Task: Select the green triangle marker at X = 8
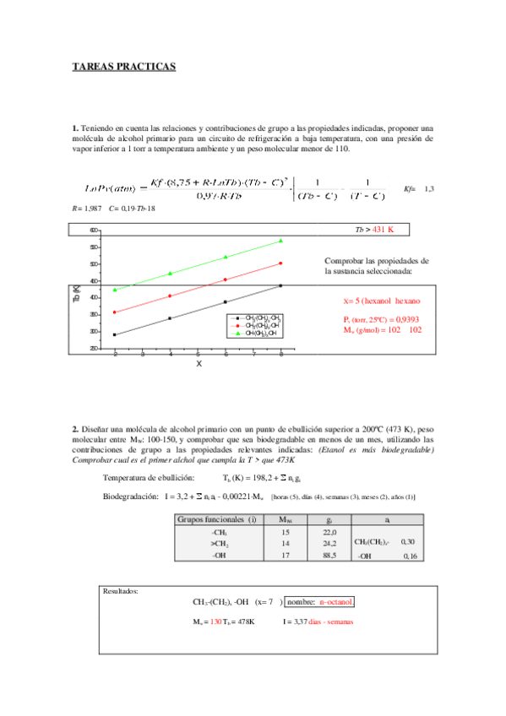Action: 280,241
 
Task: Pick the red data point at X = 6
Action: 226,279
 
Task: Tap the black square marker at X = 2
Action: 115,334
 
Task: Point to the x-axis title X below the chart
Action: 199,363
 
